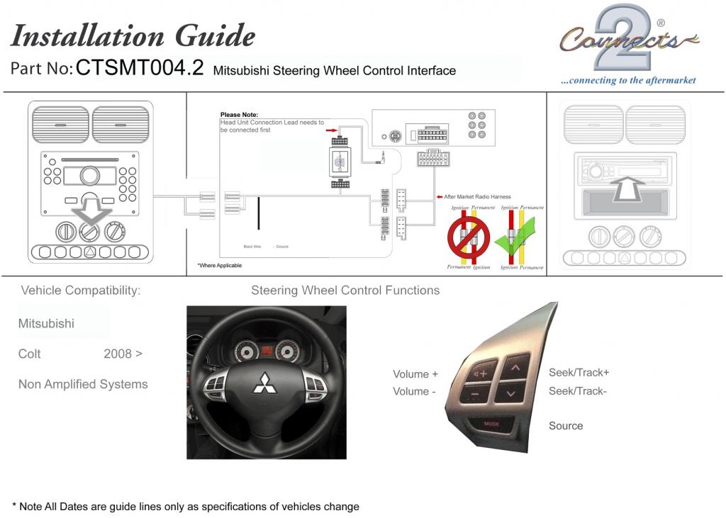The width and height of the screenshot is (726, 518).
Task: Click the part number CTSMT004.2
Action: tap(140, 68)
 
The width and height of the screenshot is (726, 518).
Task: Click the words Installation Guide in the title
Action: tap(133, 35)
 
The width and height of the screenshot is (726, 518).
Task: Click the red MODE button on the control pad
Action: tap(491, 423)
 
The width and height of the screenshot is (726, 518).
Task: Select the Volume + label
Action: tap(415, 374)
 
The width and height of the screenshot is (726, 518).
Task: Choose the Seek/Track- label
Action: tap(578, 390)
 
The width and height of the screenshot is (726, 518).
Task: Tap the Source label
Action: tap(566, 426)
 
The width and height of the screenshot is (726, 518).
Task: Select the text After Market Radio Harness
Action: tap(477, 197)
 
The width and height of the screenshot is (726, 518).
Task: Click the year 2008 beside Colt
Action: tap(118, 354)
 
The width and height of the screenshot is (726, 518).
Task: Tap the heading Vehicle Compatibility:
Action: tap(80, 291)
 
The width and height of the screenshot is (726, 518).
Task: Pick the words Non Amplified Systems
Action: tap(83, 384)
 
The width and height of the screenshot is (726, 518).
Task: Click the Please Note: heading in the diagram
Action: tap(239, 115)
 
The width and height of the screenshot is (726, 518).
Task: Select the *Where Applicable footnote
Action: tap(219, 266)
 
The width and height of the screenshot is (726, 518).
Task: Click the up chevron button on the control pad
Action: tap(515, 367)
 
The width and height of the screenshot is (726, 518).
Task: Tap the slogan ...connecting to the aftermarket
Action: tap(628, 81)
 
